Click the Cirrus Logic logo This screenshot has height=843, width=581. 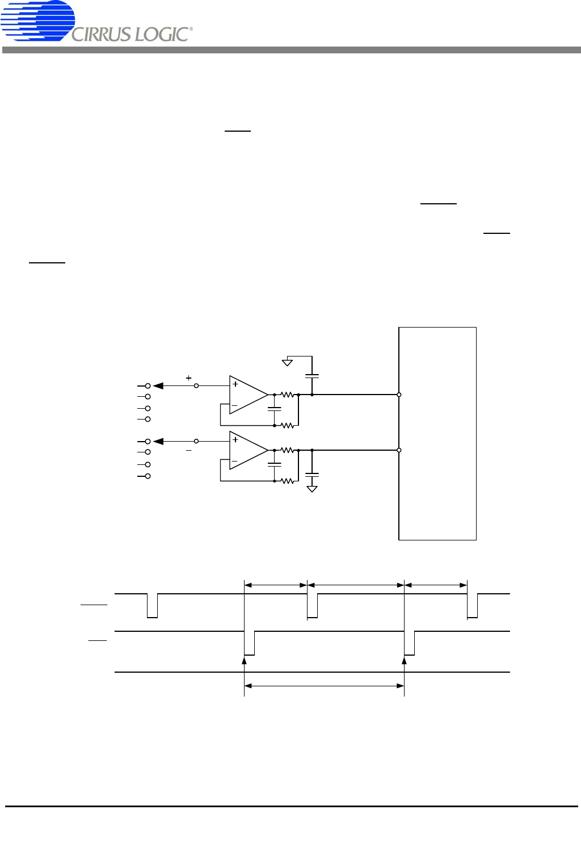pos(96,21)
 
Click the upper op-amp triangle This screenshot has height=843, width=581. pos(249,395)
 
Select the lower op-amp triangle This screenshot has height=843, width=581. pos(249,450)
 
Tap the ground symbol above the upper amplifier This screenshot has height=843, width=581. pos(287,362)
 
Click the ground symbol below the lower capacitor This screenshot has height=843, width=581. pos(312,489)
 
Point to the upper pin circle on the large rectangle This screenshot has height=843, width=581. pos(399,395)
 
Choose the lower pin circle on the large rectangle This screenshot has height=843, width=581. pos(399,450)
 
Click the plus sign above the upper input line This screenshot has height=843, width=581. pos(189,378)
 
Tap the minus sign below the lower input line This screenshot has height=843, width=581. pos(189,451)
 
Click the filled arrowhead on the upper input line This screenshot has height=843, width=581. pos(158,386)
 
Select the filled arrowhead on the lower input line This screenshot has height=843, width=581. pos(158,441)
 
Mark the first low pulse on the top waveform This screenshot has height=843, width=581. pos(152,606)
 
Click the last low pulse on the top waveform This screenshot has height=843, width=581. pos(472,606)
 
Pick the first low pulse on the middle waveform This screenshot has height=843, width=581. pos(249,643)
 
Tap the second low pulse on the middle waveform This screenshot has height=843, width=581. pos(410,643)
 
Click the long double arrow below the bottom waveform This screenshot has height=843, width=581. pos(324,686)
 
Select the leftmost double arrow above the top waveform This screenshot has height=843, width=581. pos(276,585)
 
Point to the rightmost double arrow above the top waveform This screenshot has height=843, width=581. pos(436,585)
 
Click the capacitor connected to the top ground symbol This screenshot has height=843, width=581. pos(312,376)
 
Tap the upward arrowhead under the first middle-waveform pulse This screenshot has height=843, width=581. pos(244,660)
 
